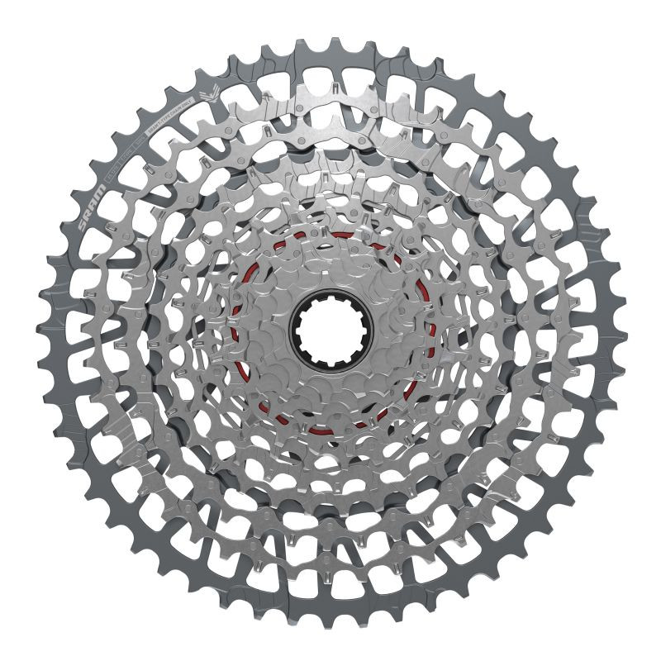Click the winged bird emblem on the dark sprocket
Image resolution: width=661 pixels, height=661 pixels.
click(x=210, y=94)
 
